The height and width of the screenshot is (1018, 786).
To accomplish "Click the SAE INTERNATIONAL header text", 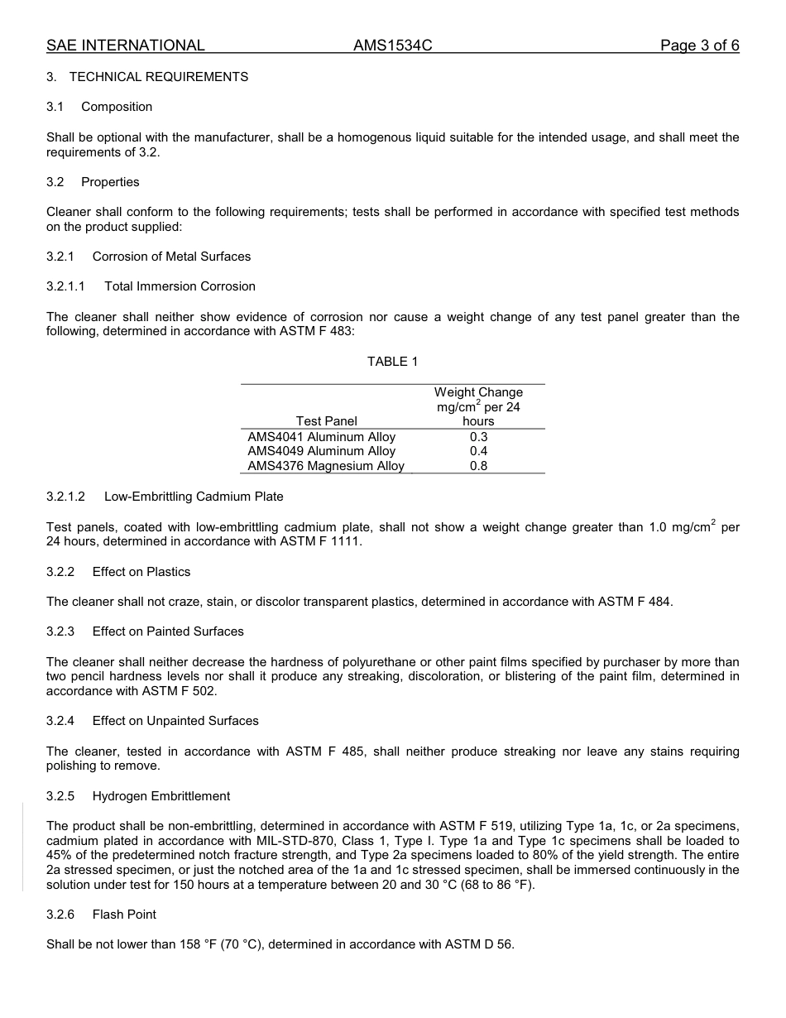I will pyautogui.click(x=126, y=46).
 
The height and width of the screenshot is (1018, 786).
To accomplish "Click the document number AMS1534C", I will pyautogui.click(x=392, y=46).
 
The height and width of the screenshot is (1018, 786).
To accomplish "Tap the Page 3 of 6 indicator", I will pyautogui.click(x=699, y=46).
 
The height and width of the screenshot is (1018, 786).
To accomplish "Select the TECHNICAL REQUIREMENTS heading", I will pyautogui.click(x=158, y=77).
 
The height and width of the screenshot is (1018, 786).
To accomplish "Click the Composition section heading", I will pyautogui.click(x=117, y=107).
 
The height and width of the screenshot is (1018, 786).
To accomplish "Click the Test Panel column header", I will pyautogui.click(x=326, y=421).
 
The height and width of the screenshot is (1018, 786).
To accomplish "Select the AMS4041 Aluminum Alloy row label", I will pyautogui.click(x=321, y=437).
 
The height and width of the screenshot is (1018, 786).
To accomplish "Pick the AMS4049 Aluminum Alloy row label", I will pyautogui.click(x=321, y=451).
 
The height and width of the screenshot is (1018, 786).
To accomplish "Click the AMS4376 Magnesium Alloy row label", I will pyautogui.click(x=326, y=466).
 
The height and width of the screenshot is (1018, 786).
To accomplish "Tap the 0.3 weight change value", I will pyautogui.click(x=478, y=437).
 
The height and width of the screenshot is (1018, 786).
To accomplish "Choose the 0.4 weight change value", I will pyautogui.click(x=478, y=451).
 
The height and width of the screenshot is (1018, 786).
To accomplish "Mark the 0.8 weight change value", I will pyautogui.click(x=478, y=466).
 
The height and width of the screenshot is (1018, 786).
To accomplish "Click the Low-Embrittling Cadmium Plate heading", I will pyautogui.click(x=194, y=497).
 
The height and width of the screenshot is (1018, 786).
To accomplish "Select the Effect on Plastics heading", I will pyautogui.click(x=141, y=572).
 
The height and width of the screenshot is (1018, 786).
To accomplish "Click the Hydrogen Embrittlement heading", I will pyautogui.click(x=161, y=796).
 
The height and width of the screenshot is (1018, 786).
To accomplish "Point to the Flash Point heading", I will pyautogui.click(x=124, y=915).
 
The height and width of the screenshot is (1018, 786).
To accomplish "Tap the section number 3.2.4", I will pyautogui.click(x=60, y=721).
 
